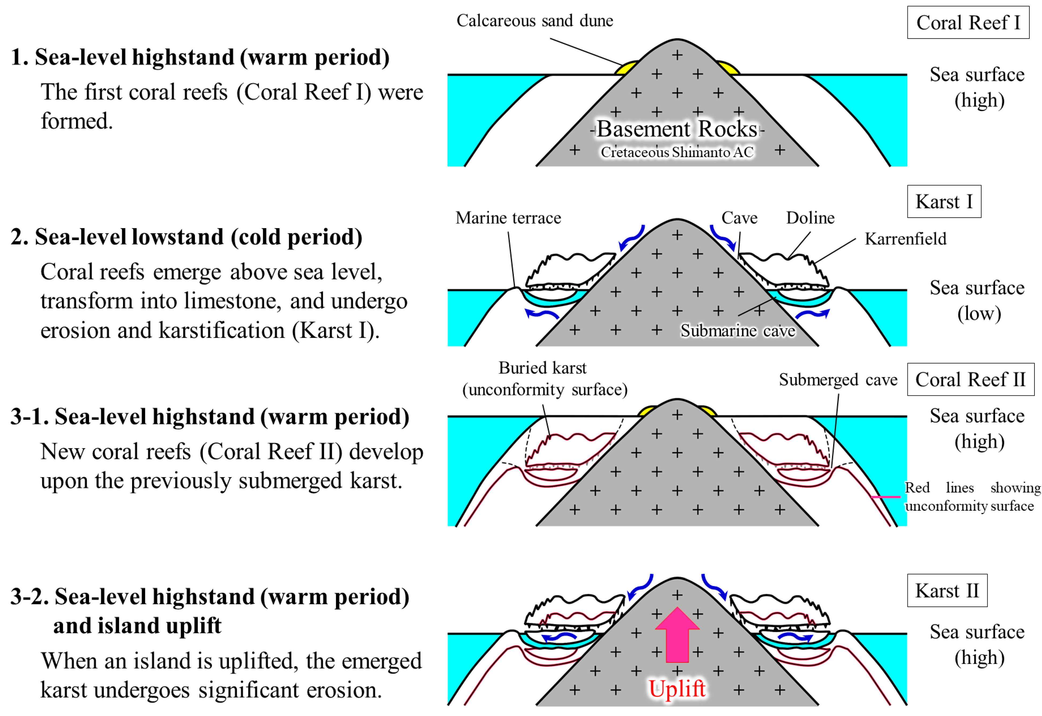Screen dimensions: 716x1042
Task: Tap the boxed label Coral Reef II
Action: click(970, 380)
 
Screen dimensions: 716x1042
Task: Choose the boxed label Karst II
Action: click(947, 590)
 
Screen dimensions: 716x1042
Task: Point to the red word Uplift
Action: click(677, 689)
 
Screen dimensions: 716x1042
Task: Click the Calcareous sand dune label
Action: click(535, 21)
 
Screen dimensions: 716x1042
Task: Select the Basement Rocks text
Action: click(677, 129)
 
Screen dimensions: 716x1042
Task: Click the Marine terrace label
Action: click(508, 218)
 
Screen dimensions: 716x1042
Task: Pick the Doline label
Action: click(810, 218)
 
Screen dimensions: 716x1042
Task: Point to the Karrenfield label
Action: click(905, 239)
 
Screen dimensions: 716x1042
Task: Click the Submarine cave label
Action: click(738, 331)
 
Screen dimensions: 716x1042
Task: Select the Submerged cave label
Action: click(838, 380)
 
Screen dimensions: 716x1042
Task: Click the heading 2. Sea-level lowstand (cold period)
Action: click(186, 237)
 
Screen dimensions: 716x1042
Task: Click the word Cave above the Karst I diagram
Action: click(739, 218)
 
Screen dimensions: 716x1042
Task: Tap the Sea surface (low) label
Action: click(977, 301)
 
